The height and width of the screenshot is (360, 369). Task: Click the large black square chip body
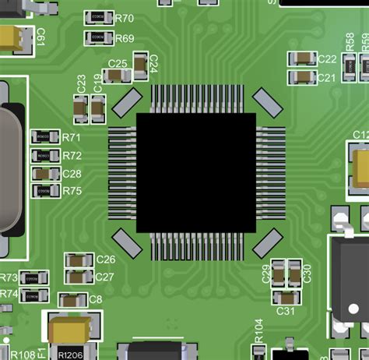pyautogui.click(x=195, y=172)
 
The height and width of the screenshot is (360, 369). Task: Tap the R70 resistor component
pyautogui.click(x=98, y=17)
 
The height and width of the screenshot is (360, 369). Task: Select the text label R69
pyautogui.click(x=125, y=38)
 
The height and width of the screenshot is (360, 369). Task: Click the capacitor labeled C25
pyautogui.click(x=118, y=76)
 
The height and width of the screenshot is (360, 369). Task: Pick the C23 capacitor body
pyautogui.click(x=80, y=108)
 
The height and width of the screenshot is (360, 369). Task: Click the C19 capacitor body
pyautogui.click(x=97, y=108)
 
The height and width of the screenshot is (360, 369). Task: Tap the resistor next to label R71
pyautogui.click(x=43, y=137)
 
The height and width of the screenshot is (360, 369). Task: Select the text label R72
pyautogui.click(x=72, y=156)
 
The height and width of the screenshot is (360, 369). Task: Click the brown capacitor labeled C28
pyautogui.click(x=44, y=174)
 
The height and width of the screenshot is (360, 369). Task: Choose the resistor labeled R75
pyautogui.click(x=44, y=191)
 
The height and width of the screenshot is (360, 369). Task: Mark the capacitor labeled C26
pyautogui.click(x=77, y=259)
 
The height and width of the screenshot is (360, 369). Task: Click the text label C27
pyautogui.click(x=105, y=277)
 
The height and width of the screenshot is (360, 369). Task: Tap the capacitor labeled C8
pyautogui.click(x=73, y=299)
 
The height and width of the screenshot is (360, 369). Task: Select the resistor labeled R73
pyautogui.click(x=33, y=278)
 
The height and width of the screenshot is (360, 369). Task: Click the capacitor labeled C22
pyautogui.click(x=301, y=58)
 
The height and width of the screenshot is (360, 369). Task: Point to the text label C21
pyautogui.click(x=327, y=78)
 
